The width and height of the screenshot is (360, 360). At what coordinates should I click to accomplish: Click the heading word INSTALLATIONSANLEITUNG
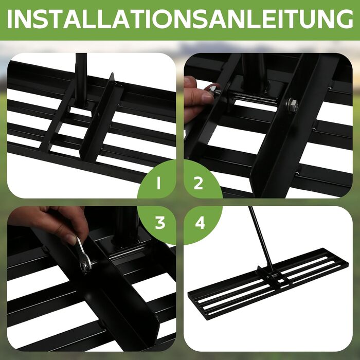[180, 19]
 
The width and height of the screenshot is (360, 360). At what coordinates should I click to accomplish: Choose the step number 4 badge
[200, 223]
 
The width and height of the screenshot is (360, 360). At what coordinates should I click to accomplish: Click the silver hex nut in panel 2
[292, 105]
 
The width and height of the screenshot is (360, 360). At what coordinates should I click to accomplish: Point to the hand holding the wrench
[53, 224]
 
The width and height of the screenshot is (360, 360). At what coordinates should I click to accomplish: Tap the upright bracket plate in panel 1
[101, 119]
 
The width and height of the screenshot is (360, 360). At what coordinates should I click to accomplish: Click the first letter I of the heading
[9, 19]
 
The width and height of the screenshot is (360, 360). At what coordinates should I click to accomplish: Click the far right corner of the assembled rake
[347, 264]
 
